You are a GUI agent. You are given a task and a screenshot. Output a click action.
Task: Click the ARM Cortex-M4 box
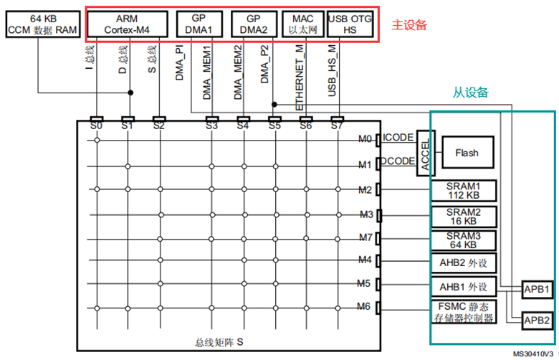click(128, 24)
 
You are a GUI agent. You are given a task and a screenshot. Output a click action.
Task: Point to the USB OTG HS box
click(350, 24)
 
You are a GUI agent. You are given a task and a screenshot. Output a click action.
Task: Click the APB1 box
click(536, 290)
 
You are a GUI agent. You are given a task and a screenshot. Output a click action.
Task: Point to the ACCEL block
click(425, 153)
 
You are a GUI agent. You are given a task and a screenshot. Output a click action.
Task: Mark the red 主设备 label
click(409, 25)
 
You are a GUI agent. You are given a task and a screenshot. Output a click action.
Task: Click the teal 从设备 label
click(470, 93)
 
